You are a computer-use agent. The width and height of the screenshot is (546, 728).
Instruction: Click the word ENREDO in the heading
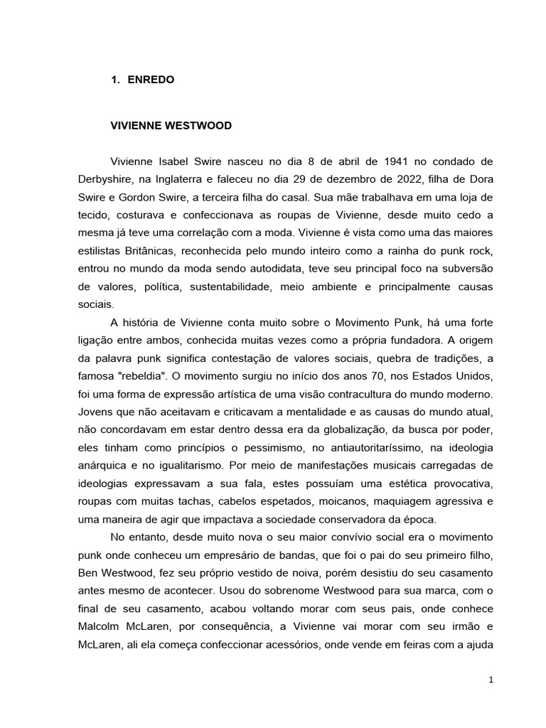[x=151, y=80]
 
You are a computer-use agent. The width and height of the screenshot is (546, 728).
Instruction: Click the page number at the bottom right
[x=491, y=680]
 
